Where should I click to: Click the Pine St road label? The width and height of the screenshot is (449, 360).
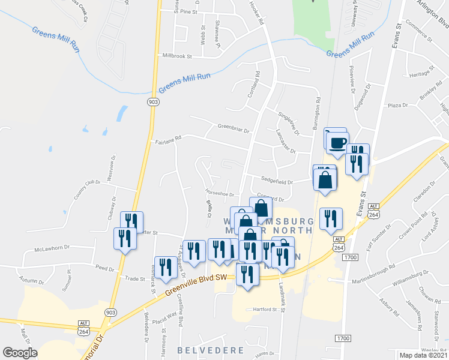(x=189, y=11)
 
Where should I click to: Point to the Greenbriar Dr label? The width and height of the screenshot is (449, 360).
(x=234, y=127)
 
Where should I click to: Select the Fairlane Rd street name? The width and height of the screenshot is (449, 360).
(x=168, y=142)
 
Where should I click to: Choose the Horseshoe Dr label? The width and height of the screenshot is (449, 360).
(x=219, y=194)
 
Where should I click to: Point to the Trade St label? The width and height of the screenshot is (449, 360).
(x=136, y=278)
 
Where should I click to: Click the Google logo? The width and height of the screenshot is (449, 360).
(x=20, y=353)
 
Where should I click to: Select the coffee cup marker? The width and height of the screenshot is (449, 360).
(x=336, y=142)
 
